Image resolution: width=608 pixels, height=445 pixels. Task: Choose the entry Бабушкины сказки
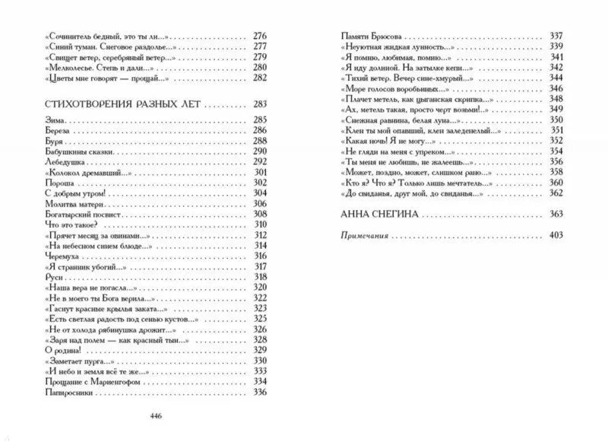(78, 152)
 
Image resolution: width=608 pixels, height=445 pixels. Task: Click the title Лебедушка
(65, 162)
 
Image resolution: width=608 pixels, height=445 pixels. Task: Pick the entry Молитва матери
(74, 205)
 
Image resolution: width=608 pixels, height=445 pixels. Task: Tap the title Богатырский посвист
(82, 215)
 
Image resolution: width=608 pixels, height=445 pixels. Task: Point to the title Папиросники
(71, 392)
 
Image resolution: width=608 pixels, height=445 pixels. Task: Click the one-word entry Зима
(55, 120)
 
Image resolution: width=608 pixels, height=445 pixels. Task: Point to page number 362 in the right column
(555, 193)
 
